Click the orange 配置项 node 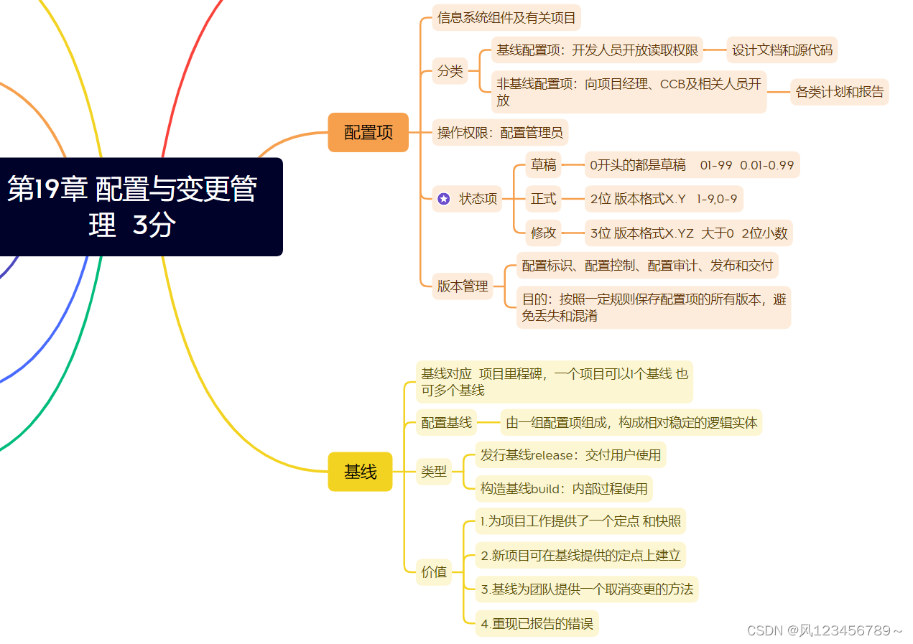coord(368,132)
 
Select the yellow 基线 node coord(360,472)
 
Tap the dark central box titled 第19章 coord(133,207)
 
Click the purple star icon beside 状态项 coord(444,199)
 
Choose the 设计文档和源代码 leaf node coord(782,50)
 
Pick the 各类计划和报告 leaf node coord(839,92)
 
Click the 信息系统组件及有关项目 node coord(506,17)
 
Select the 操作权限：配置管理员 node coord(500,132)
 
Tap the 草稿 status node coord(543,165)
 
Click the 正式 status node coord(543,199)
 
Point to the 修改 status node coord(543,233)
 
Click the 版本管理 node coord(463,286)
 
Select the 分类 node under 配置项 coord(450,71)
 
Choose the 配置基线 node coord(446,422)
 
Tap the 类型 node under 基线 coord(434,472)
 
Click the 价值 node coord(434,572)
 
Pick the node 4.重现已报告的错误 coord(537,624)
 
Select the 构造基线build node coord(564,489)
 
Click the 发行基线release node coord(570,455)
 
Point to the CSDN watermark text coord(825,630)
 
